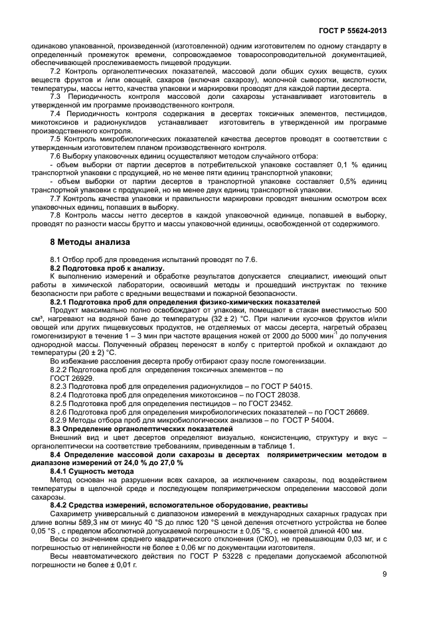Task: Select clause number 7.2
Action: click(x=56, y=69)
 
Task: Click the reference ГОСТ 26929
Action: click(x=69, y=378)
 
